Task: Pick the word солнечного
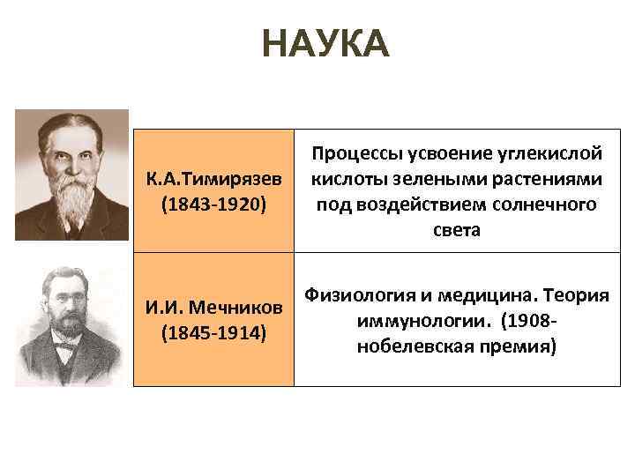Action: [541, 205]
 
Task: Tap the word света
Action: [457, 229]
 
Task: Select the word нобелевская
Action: [412, 345]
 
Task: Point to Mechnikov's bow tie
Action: [64, 350]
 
